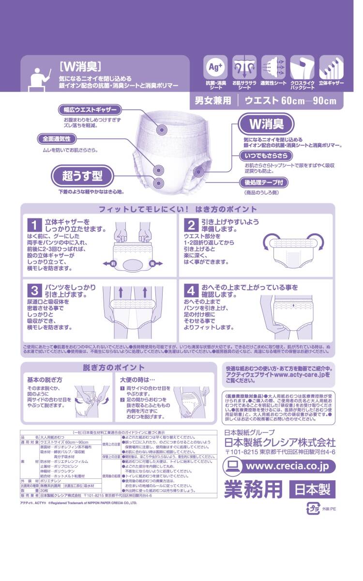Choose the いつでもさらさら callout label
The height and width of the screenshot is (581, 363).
tap(266, 155)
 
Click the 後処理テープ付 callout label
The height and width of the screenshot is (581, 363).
tap(266, 183)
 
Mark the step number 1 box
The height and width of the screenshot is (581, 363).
tap(34, 225)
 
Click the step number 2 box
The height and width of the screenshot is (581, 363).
tap(192, 225)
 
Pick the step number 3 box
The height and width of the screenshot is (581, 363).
tap(34, 290)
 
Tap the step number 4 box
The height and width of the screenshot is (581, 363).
tap(192, 290)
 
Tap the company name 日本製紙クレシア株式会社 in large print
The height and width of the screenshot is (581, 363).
tap(280, 442)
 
